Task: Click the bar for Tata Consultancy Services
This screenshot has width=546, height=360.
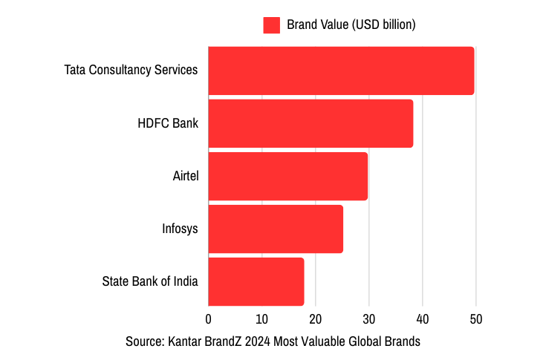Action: (x=341, y=71)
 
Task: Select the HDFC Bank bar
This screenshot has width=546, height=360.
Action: (x=311, y=123)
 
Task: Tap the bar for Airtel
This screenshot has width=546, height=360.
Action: (x=287, y=176)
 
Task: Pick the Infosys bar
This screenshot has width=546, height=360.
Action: (x=276, y=229)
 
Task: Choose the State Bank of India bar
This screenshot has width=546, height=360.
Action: (x=256, y=281)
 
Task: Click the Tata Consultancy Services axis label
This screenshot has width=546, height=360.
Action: (x=131, y=71)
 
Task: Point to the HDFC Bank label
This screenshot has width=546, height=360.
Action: (x=168, y=123)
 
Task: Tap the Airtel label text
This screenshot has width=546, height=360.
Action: (x=186, y=176)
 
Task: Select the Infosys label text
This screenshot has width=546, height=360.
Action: (x=180, y=229)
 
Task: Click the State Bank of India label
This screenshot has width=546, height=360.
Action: (x=150, y=281)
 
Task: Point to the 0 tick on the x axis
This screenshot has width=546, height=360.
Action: (x=208, y=319)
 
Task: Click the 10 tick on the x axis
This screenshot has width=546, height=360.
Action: (x=261, y=319)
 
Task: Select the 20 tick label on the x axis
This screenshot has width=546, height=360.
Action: (x=315, y=319)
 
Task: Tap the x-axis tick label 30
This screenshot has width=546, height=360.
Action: (x=369, y=319)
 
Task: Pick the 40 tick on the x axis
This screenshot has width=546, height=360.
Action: (x=423, y=319)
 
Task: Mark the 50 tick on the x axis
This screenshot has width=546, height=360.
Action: (x=476, y=319)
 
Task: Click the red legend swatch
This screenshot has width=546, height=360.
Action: (x=271, y=25)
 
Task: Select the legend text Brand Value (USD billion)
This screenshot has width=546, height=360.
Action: (x=351, y=25)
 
